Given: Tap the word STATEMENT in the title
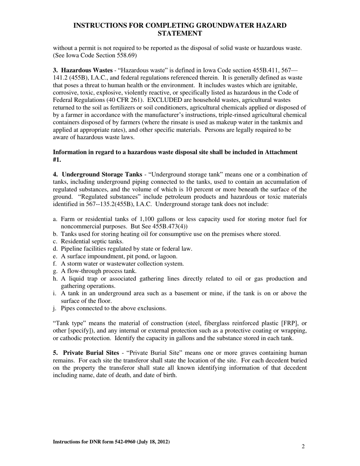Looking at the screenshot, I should pyautogui.click(x=180, y=33).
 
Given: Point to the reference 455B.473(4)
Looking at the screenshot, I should pyautogui.click(x=170, y=226).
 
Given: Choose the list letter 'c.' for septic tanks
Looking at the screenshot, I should pyautogui.click(x=55, y=241).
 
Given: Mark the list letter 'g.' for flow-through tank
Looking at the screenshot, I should pyautogui.click(x=55, y=271).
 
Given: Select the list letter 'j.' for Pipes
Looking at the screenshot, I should pyautogui.click(x=55, y=308).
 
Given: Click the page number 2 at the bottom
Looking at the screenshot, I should pyautogui.click(x=303, y=446).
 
